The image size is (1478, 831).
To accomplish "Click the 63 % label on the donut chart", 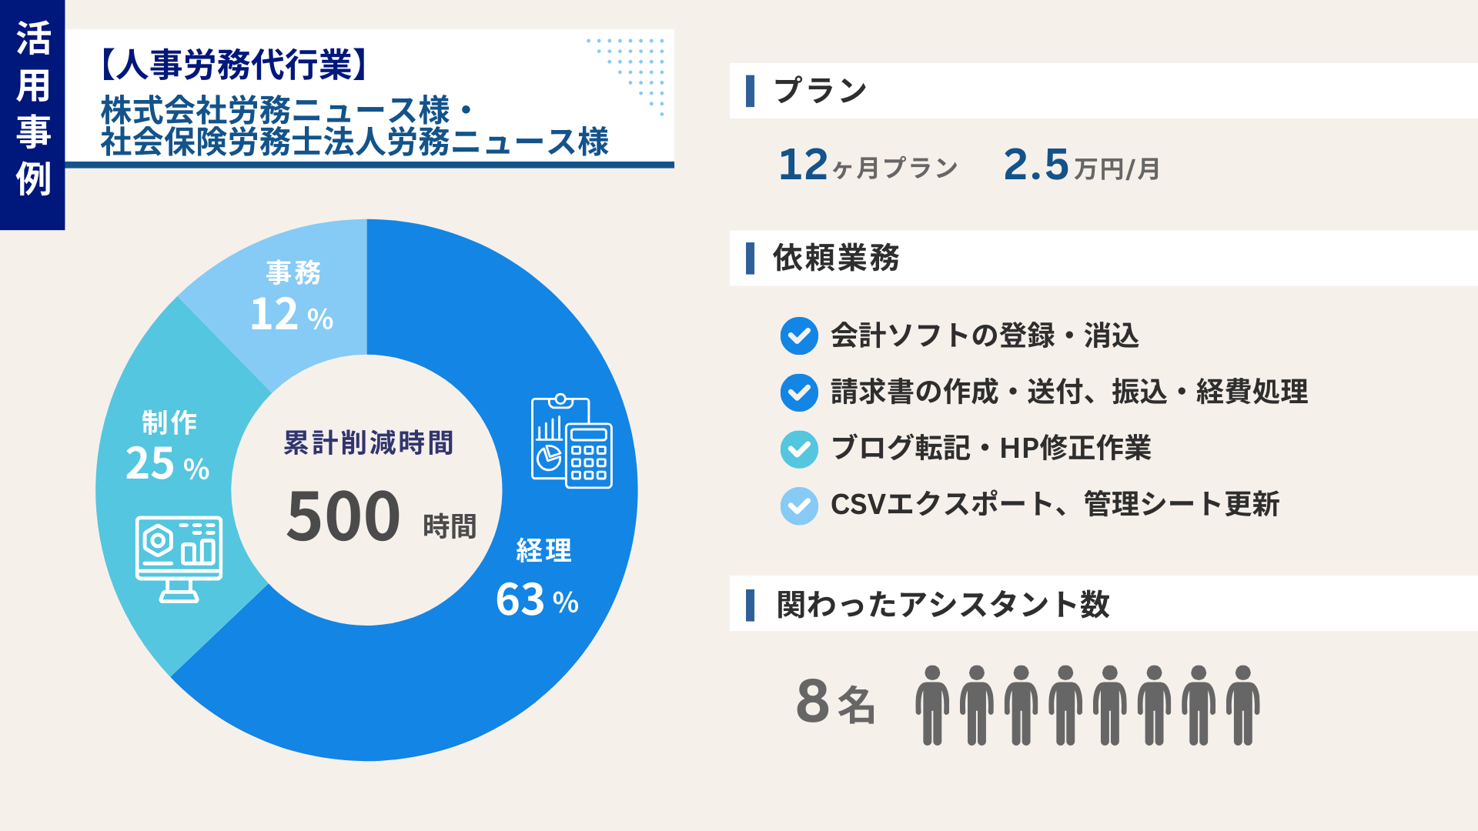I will click(537, 600).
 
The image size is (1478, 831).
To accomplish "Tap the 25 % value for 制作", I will click(167, 464).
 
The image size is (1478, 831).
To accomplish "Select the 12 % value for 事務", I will click(291, 315).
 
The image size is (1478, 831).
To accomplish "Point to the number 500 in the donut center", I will click(343, 516).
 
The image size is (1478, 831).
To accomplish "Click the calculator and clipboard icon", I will click(571, 442).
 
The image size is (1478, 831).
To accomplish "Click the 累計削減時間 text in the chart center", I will click(368, 443).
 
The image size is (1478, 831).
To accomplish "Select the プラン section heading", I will click(820, 91).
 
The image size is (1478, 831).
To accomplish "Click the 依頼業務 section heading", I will click(836, 258).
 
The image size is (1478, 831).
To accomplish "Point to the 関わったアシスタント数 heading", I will click(943, 604).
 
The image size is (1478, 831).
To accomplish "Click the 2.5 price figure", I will click(1036, 165).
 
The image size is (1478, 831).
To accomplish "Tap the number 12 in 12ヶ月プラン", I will click(803, 165).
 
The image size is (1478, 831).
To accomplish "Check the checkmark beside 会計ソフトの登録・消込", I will click(799, 336).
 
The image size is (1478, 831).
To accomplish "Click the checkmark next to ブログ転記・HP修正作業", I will click(799, 449).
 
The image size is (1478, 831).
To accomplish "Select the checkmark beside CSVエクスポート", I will click(799, 506).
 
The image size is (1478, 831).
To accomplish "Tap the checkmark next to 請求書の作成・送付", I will click(799, 392).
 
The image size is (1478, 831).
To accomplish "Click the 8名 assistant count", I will click(835, 702).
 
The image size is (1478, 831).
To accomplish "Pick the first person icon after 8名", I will click(931, 705).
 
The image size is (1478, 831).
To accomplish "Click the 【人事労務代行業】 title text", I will click(233, 65).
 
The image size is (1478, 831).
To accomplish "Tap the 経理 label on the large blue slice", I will click(543, 551).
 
